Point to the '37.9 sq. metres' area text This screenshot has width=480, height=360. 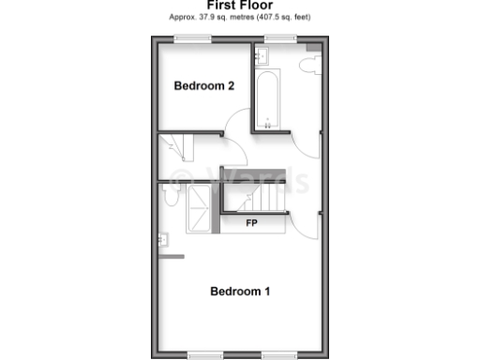(218, 18)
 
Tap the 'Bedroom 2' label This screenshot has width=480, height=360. (204, 85)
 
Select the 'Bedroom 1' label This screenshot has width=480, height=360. (240, 291)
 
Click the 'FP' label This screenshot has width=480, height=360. (252, 224)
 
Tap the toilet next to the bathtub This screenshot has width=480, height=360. (310, 64)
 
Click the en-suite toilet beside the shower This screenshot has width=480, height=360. (169, 195)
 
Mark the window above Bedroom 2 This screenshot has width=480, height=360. (192, 38)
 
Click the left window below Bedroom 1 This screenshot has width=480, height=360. (204, 354)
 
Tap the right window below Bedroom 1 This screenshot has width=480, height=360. (278, 354)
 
